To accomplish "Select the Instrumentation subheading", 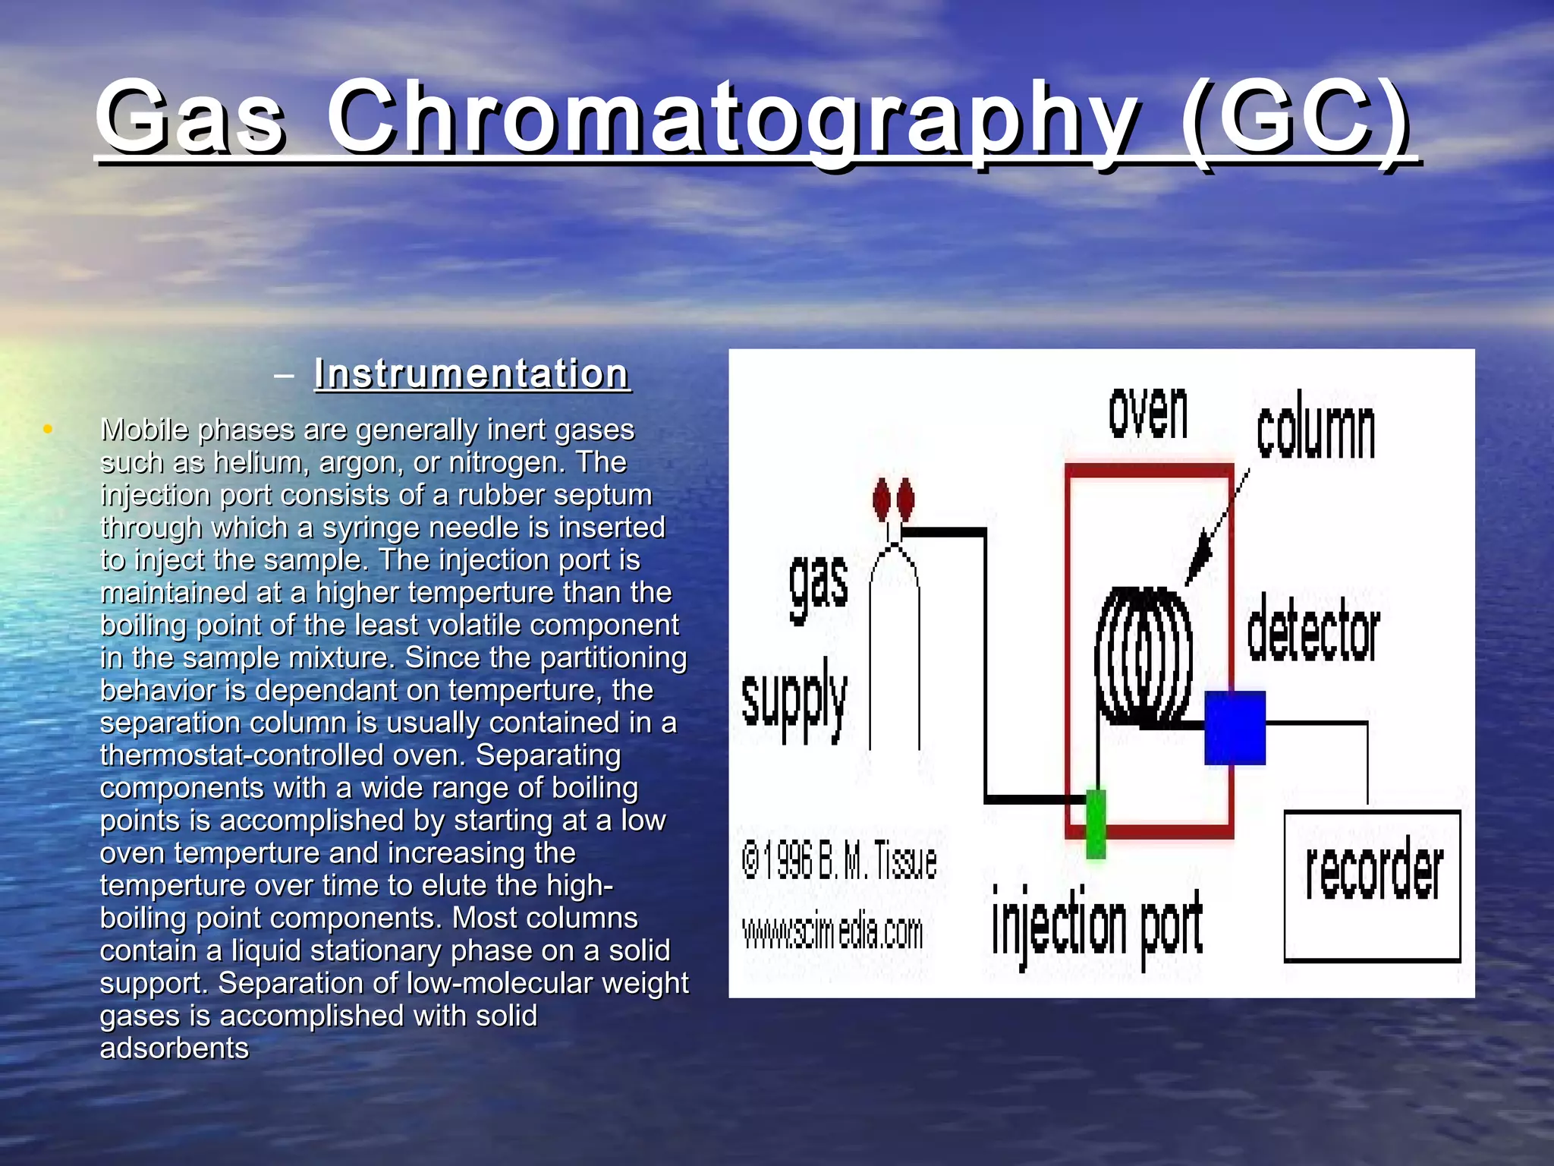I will tap(472, 374).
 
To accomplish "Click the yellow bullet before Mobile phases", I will tap(48, 430).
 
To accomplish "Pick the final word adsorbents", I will tap(175, 1048).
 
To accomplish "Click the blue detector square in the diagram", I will tap(1235, 727).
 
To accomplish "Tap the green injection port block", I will tap(1096, 823).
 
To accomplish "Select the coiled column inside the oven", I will tap(1142, 657).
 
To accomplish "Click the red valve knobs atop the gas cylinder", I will tap(893, 499).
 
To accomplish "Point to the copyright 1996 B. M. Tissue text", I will tap(838, 861).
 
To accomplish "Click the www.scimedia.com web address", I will tap(832, 932).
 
